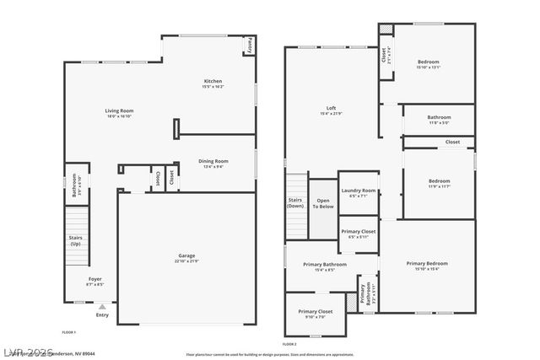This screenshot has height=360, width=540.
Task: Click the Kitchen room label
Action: (x=212, y=81)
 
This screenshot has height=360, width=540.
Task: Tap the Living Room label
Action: (x=119, y=110)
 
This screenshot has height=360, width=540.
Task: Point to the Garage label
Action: (x=186, y=255)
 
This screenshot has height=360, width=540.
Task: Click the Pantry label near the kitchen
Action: (x=251, y=46)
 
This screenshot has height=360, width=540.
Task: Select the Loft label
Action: (x=332, y=108)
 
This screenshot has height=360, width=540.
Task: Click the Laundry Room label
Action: (x=359, y=191)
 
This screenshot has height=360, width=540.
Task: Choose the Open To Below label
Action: (x=322, y=203)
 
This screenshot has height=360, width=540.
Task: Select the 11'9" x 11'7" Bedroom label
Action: (x=439, y=181)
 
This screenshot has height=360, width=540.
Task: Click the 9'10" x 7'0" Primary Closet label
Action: (x=316, y=312)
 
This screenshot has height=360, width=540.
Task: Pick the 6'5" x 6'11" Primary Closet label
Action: (x=358, y=231)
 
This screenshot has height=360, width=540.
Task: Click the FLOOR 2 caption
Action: (x=289, y=344)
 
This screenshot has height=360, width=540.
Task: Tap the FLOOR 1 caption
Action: (x=69, y=332)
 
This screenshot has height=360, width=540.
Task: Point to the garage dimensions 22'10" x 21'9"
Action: (x=186, y=261)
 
